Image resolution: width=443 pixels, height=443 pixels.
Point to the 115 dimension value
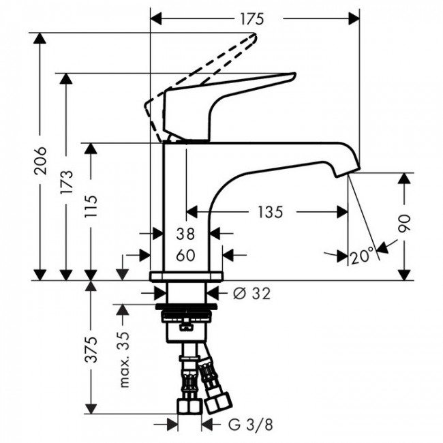tap(91, 211)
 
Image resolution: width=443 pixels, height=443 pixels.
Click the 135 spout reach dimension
tap(269, 213)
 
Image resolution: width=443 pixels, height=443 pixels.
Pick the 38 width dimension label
tap(184, 234)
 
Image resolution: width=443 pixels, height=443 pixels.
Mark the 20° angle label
tap(363, 256)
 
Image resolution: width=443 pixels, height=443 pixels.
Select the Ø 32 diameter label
tap(251, 293)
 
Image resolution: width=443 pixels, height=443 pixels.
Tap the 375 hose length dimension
tap(91, 349)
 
